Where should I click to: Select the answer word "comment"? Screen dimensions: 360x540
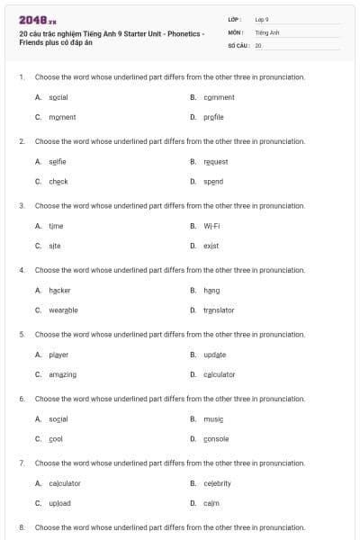[219, 97]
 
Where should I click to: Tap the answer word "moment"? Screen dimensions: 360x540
[62, 117]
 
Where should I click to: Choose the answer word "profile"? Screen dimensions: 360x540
[214, 117]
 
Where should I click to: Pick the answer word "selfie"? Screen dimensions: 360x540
[58, 162]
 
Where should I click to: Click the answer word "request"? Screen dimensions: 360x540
[216, 162]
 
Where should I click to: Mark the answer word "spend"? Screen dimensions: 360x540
[213, 181]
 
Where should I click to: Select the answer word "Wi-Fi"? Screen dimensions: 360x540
[212, 226]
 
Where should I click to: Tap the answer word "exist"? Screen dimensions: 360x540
[211, 246]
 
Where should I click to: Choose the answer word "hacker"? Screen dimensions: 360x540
[59, 290]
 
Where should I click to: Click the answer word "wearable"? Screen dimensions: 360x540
[63, 310]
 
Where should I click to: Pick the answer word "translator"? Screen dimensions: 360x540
[219, 310]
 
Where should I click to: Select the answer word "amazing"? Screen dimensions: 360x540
[62, 374]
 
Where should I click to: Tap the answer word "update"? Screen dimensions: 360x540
[215, 355]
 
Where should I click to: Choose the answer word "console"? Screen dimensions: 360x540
[216, 438]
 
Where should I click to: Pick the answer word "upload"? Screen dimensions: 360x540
[59, 503]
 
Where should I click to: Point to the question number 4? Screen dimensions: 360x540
[22, 270]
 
